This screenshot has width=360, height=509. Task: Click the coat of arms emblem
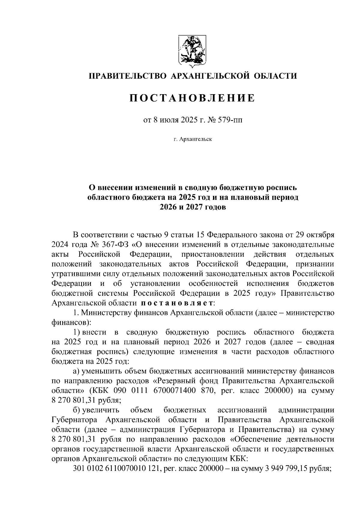[192, 50]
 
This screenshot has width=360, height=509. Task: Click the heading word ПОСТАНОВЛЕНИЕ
[192, 98]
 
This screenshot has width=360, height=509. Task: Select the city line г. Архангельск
[192, 139]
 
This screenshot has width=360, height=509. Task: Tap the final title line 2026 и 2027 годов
[192, 207]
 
